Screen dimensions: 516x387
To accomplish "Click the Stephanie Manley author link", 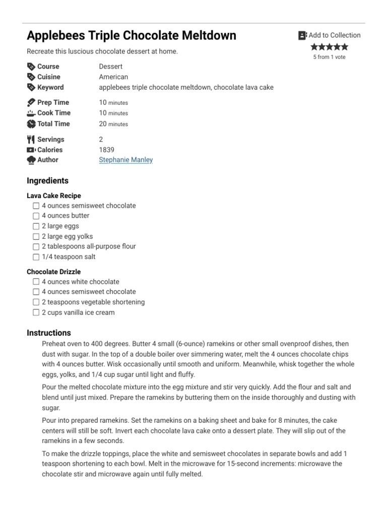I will click(x=125, y=160).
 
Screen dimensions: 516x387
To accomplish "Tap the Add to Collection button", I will click(x=330, y=35).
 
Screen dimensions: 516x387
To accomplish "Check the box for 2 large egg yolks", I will click(x=36, y=236).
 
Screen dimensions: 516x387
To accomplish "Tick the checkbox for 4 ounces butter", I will click(x=36, y=216).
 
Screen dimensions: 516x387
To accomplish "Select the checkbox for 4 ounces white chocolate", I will click(x=36, y=282).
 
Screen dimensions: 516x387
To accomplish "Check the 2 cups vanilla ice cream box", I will click(x=36, y=312).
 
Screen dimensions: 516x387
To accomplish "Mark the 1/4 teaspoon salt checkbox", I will click(x=36, y=257).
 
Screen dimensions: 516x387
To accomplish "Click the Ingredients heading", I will click(x=47, y=181).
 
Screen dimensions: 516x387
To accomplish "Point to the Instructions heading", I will click(x=49, y=333).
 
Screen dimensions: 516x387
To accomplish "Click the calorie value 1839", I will click(x=106, y=150).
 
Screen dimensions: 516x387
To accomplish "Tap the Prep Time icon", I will click(x=31, y=102).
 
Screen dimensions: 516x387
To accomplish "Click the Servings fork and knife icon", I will click(x=31, y=139).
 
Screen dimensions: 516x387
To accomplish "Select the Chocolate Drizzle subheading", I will click(x=53, y=272).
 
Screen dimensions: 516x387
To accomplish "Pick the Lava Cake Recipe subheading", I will click(x=53, y=196).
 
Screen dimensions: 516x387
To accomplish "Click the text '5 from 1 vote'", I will click(x=329, y=57).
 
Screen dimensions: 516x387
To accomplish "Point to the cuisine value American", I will click(x=113, y=77).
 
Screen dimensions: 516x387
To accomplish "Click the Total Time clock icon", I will click(x=31, y=124).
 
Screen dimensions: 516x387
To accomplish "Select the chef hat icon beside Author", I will click(x=31, y=160).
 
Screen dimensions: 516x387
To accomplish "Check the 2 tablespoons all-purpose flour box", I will click(x=36, y=247).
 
